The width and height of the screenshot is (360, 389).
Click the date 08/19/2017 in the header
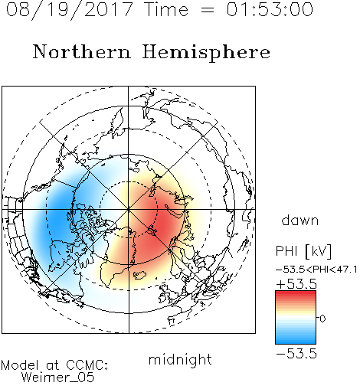click(70, 9)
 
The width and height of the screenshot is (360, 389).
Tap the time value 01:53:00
click(270, 9)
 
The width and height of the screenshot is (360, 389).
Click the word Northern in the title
click(82, 51)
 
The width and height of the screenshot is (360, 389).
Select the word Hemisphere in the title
click(206, 53)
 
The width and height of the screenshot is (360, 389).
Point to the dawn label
click(300, 220)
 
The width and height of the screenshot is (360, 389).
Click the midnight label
click(180, 359)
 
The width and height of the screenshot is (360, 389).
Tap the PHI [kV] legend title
click(303, 251)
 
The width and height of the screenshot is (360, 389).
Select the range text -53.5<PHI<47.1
click(316, 270)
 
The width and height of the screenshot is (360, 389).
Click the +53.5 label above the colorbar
click(296, 284)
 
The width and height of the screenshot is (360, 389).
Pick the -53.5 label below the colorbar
click(296, 354)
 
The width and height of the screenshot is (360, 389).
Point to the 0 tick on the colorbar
click(322, 319)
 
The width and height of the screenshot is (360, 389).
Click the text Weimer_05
click(57, 378)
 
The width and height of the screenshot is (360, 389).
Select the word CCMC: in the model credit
click(87, 365)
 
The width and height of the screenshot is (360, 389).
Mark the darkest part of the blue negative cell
click(59, 214)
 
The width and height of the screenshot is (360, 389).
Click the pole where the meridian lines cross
click(129, 209)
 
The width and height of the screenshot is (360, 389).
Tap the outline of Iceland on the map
click(139, 275)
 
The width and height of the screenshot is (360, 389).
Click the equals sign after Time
click(208, 11)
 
